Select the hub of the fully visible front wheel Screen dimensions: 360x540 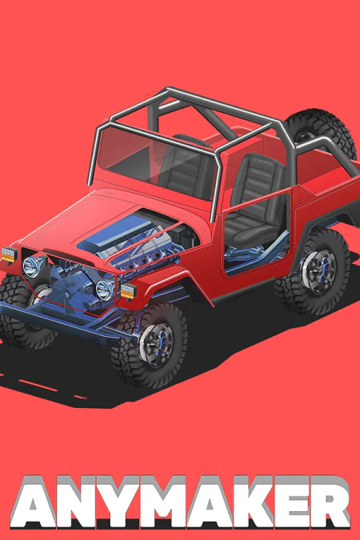tap(157, 344)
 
